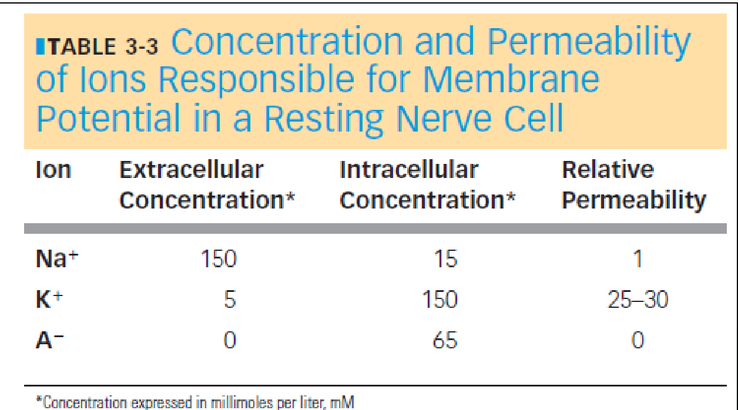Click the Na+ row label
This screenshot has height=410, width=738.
(x=57, y=258)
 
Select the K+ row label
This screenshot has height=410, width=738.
(x=49, y=300)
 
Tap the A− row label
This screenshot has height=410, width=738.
(x=49, y=340)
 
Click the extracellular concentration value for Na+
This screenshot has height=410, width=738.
(x=219, y=259)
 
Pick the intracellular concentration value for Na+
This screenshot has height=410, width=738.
(x=445, y=259)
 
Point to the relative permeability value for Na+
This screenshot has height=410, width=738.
(x=638, y=259)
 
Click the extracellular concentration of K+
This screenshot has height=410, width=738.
(x=230, y=300)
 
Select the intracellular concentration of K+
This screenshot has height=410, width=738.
(x=440, y=300)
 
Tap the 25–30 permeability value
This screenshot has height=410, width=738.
(x=638, y=300)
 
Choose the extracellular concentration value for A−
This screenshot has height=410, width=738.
(x=230, y=340)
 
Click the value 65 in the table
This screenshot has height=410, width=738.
(x=445, y=340)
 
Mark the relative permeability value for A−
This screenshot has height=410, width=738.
(x=638, y=340)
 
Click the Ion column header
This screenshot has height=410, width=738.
(x=53, y=170)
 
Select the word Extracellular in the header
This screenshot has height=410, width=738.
(x=192, y=170)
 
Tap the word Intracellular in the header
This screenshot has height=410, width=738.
(x=409, y=170)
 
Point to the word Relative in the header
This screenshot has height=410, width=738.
(x=608, y=170)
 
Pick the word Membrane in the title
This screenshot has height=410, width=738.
(x=511, y=80)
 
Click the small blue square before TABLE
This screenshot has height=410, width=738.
(x=40, y=46)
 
